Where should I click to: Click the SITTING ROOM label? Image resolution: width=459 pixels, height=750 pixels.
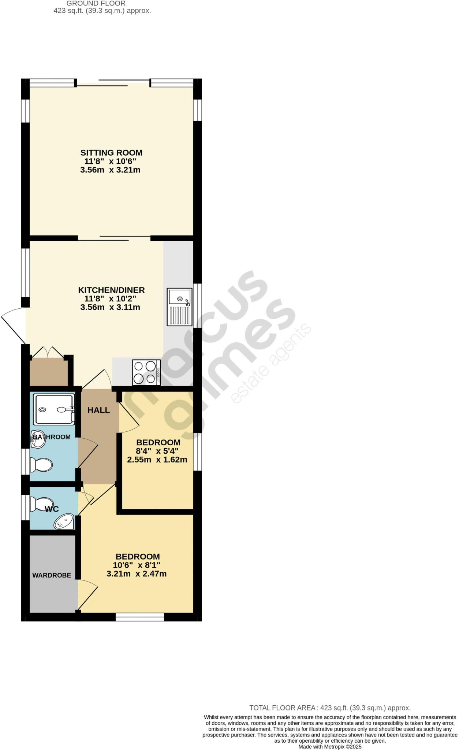(111, 153)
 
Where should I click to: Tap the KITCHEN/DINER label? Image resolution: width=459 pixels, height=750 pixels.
(111, 290)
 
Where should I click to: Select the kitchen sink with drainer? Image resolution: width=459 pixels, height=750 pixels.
(179, 307)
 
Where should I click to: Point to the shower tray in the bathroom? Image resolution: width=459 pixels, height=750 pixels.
(54, 409)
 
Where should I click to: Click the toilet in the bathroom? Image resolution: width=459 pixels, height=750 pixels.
(41, 465)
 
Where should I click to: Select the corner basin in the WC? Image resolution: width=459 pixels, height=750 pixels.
(64, 521)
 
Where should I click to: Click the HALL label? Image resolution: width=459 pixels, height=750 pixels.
(98, 410)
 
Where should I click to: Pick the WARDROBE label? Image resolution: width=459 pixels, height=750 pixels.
(52, 575)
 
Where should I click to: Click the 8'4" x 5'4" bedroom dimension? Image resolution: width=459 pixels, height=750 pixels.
(157, 451)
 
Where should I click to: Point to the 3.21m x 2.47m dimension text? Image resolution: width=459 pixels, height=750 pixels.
(137, 574)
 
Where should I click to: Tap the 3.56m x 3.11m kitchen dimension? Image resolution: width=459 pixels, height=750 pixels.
(110, 307)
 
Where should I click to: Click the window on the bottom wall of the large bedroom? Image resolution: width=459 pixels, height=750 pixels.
(140, 617)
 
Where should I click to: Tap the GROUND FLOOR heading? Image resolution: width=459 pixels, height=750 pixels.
(96, 3)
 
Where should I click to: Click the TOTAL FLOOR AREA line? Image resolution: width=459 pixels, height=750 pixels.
(330, 708)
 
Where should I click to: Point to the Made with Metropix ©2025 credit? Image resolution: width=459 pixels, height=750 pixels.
(330, 747)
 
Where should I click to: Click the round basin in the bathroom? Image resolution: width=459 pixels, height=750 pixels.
(38, 439)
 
